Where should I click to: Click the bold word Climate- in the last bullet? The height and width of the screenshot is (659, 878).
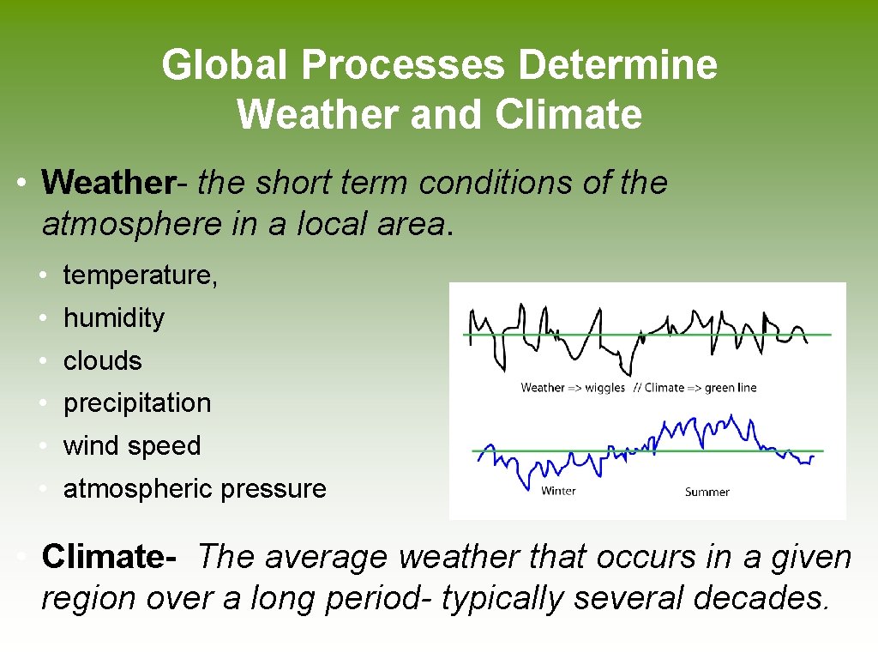coord(109,557)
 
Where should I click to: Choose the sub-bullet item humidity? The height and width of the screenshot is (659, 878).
coord(113,318)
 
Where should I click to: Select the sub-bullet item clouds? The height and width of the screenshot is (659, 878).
coord(102,361)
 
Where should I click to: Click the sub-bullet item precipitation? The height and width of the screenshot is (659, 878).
coord(136,403)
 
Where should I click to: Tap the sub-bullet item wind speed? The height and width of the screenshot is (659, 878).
coord(131,446)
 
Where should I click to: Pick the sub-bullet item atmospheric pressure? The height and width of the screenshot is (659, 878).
coord(195,489)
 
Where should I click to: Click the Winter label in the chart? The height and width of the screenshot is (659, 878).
coord(558,491)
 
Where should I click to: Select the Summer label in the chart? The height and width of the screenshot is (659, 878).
coord(707,492)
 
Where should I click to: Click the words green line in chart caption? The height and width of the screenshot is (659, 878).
coord(731,388)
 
